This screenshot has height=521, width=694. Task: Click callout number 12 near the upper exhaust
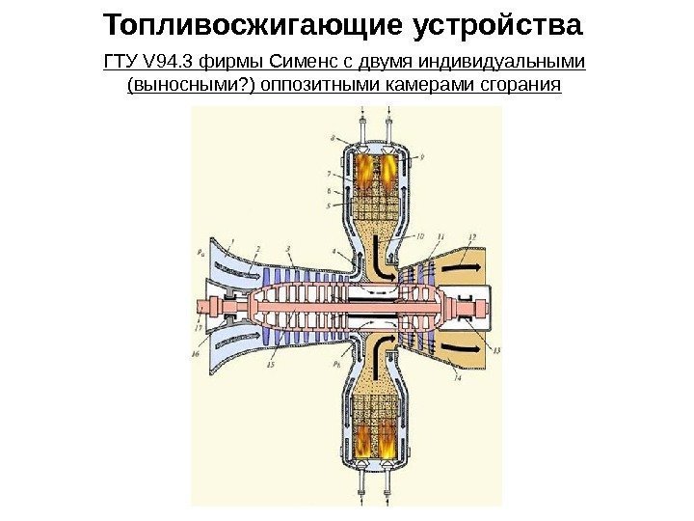(x=470, y=235)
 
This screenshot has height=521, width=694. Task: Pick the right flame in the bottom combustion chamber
(x=388, y=450)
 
